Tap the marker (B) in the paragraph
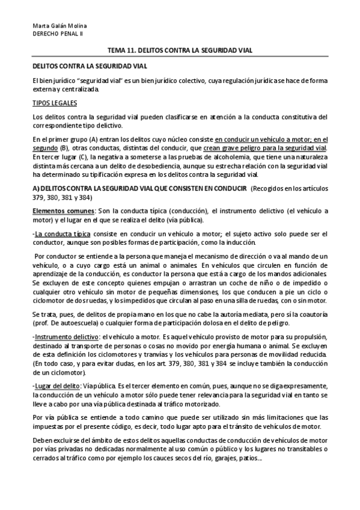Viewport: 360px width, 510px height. tap(57, 148)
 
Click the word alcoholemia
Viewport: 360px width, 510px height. tap(229, 158)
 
